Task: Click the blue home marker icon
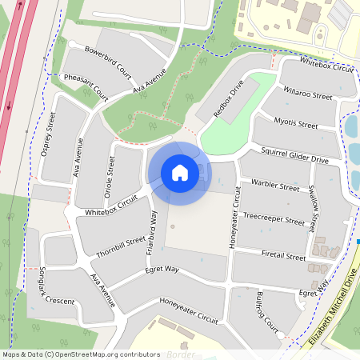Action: coord(180,172)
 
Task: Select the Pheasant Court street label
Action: coord(85,86)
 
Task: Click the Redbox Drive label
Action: coord(229,100)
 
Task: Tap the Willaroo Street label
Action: coord(307,95)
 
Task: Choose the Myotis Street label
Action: coord(296,125)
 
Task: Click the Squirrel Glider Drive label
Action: coord(294,155)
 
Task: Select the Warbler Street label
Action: coord(274,186)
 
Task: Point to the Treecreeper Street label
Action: coord(274,219)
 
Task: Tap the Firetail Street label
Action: coord(284,257)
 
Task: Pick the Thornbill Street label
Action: coord(121,244)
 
